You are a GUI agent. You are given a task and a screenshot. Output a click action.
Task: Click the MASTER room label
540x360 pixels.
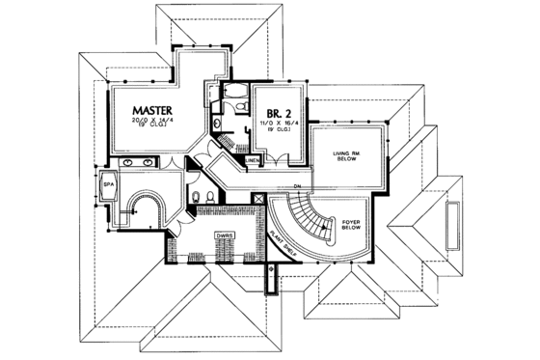tap(152, 112)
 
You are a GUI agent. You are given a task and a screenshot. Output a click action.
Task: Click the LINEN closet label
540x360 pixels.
tap(253, 160)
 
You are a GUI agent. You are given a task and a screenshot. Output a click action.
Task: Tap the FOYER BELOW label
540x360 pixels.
tap(351, 227)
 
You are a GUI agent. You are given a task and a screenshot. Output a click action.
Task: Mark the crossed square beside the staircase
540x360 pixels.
tap(257, 197)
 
